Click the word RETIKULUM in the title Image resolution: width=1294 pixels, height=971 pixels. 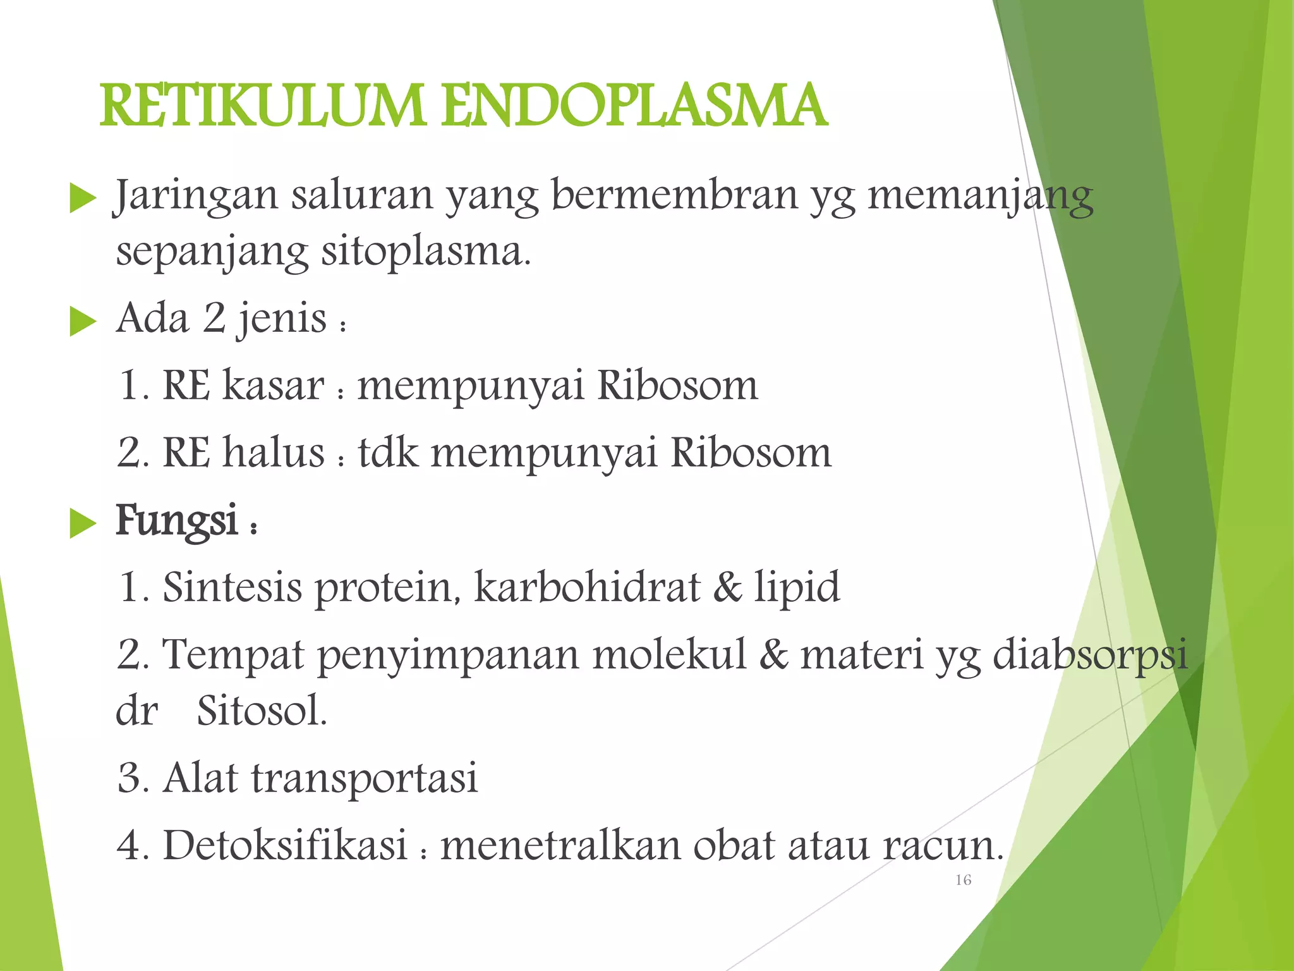pyautogui.click(x=262, y=106)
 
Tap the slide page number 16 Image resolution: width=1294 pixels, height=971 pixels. pyautogui.click(x=963, y=880)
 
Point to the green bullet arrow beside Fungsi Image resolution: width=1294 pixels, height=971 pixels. pyautogui.click(x=82, y=523)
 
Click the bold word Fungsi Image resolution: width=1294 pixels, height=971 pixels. pyautogui.click(x=177, y=521)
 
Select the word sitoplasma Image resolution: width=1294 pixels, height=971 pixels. pyautogui.click(x=425, y=252)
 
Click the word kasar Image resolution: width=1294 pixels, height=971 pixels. pyautogui.click(x=274, y=385)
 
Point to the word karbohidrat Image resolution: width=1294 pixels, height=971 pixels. pyautogui.click(x=587, y=587)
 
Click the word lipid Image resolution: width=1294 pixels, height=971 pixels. pyautogui.click(x=797, y=588)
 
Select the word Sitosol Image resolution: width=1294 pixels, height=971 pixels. pyautogui.click(x=262, y=711)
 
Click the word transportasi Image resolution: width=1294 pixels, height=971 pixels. pyautogui.click(x=364, y=778)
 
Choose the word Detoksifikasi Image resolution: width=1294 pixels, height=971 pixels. pyautogui.click(x=285, y=845)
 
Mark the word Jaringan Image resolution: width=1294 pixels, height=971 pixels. pyautogui.click(x=195, y=196)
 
